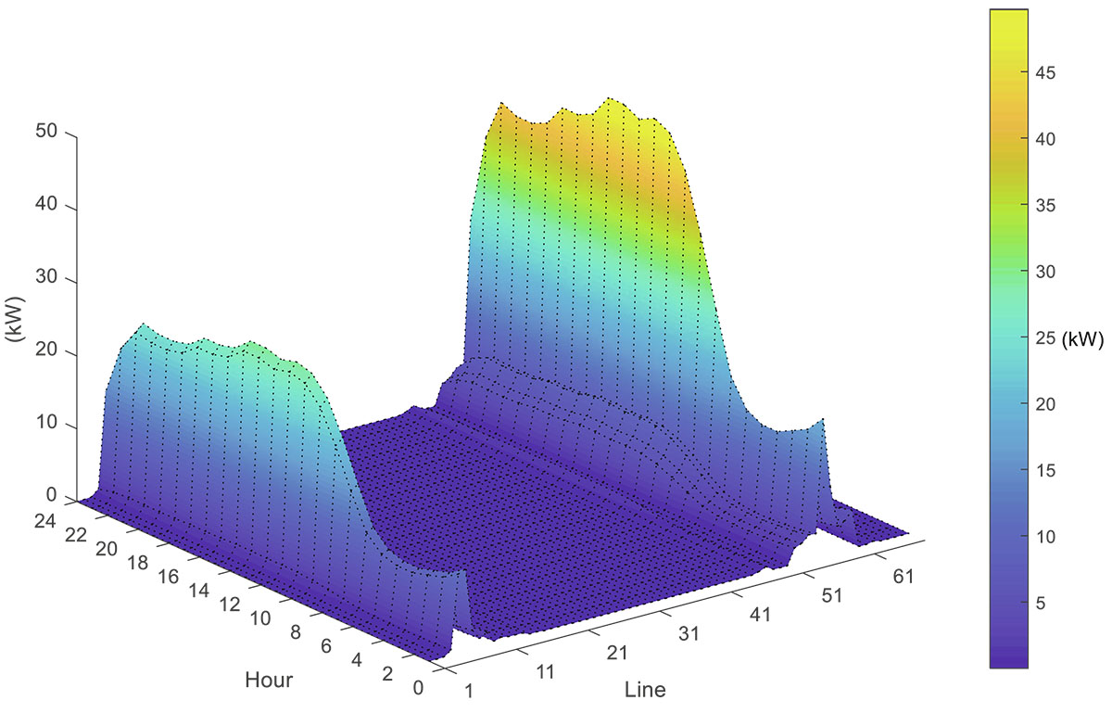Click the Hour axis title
269,680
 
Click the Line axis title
645,690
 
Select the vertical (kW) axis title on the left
15,319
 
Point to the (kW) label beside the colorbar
1082,339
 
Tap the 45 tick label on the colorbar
1045,73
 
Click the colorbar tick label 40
1045,139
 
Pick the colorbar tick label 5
1041,604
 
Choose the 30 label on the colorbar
1045,272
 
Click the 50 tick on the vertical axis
46,132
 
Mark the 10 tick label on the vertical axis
46,423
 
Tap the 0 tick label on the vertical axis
52,495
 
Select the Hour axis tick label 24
44,521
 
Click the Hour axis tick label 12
230,605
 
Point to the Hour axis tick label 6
325,646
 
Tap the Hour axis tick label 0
418,688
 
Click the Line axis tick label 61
903,577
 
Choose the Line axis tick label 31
689,634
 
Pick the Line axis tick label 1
469,691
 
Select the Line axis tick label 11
545,672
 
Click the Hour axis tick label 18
137,563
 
